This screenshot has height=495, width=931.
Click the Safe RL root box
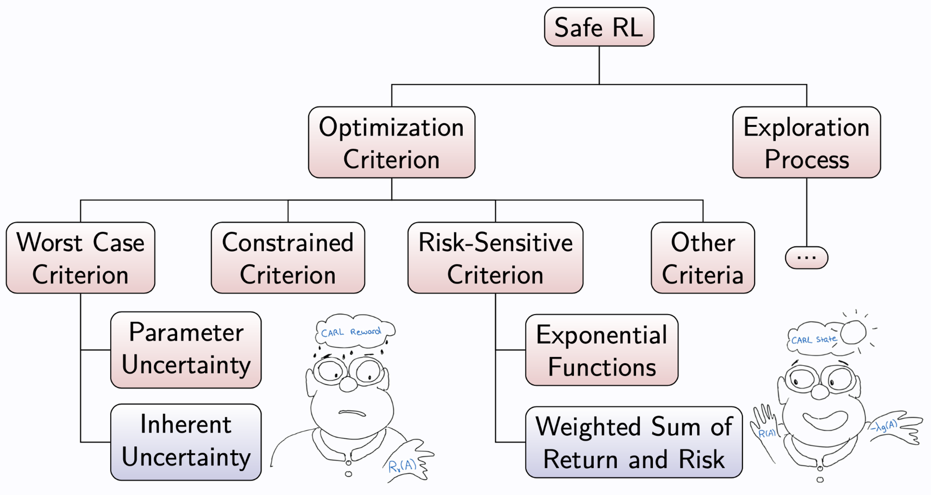pyautogui.click(x=599, y=27)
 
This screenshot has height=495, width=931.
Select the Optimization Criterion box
pyautogui.click(x=391, y=142)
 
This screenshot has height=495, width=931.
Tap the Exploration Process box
pyautogui.click(x=806, y=142)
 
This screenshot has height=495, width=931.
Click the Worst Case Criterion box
pyautogui.click(x=80, y=258)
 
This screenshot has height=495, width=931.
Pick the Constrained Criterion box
pyautogui.click(x=288, y=258)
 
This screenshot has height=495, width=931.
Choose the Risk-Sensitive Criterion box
pyautogui.click(x=495, y=258)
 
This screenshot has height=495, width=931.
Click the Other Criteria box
pyautogui.click(x=702, y=258)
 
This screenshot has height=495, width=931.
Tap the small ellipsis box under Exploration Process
pyautogui.click(x=806, y=258)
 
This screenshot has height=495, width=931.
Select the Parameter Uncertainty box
pyautogui.click(x=185, y=350)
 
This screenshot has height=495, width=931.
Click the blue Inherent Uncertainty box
pyautogui.click(x=185, y=442)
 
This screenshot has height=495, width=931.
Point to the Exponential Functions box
pyautogui.click(x=601, y=350)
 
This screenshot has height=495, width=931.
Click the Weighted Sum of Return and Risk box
pyautogui.click(x=634, y=442)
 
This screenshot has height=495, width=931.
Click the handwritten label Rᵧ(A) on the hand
pyautogui.click(x=402, y=465)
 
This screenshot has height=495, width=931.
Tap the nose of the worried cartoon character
pyautogui.click(x=348, y=384)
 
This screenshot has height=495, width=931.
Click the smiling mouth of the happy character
pyautogui.click(x=825, y=420)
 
